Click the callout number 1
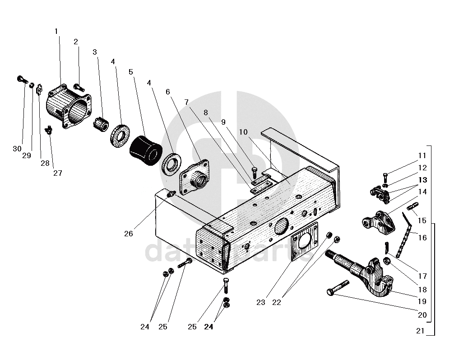coord(56,31)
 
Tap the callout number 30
coord(17,149)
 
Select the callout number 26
coord(129,234)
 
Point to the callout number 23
coord(261,303)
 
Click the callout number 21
coord(420,331)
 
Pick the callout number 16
coord(422,238)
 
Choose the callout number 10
coord(244,132)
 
